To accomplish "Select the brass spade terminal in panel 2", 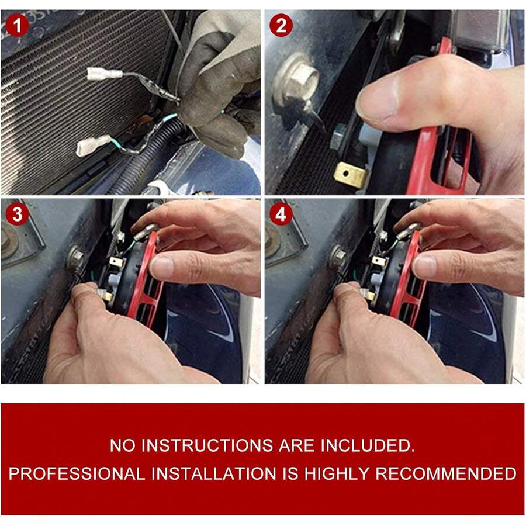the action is coord(351,174).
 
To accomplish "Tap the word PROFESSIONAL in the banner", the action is coord(77,473).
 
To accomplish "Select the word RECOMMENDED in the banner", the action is coord(446,473).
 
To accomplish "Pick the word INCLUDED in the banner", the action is coord(368,445).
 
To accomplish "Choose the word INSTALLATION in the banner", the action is coord(214,473).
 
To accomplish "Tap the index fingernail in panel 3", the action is coord(161,264).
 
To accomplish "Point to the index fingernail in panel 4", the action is coord(424,265).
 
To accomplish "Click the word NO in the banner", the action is coord(122,445).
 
